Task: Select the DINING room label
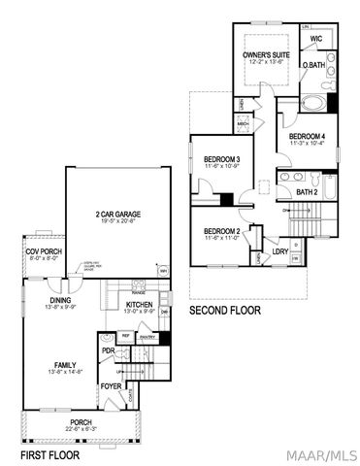pos(60,300)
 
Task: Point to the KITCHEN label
pos(140,305)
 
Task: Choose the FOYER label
pos(111,386)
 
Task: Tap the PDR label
pos(109,350)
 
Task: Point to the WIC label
pos(315,40)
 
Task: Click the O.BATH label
pos(313,66)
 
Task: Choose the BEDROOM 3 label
pos(222,159)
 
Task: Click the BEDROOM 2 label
pos(222,231)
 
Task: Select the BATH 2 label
pos(308,192)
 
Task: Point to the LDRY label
pos(279,251)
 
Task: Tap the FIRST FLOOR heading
pos(50,454)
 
